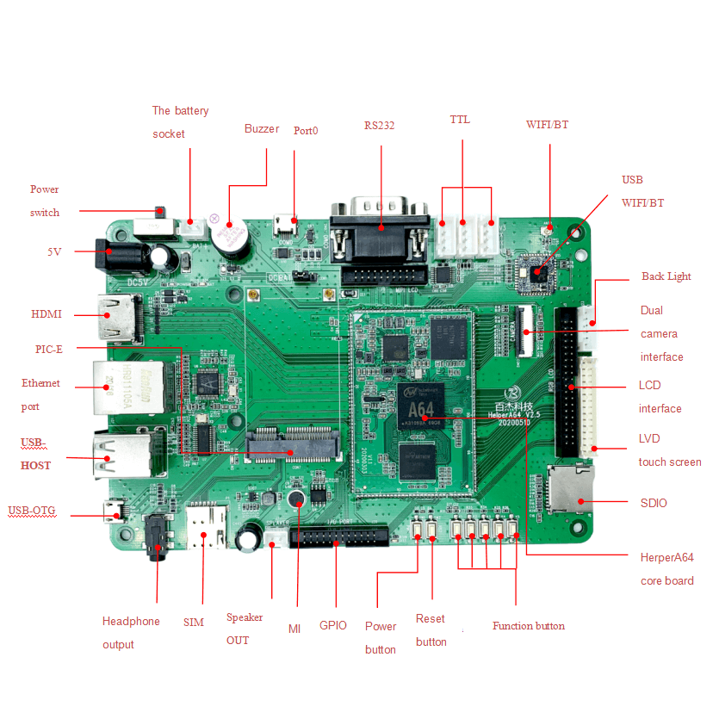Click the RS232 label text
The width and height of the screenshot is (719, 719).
(379, 126)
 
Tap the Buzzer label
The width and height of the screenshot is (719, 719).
(262, 129)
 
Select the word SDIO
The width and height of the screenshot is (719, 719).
(654, 503)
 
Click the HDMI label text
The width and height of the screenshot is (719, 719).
(46, 314)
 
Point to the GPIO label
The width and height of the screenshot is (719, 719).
(333, 626)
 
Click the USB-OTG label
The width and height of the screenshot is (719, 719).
(32, 511)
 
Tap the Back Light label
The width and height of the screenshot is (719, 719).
(666, 276)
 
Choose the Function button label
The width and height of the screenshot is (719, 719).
(529, 626)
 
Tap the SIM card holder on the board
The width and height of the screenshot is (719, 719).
(206, 528)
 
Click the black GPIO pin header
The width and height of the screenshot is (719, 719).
(338, 537)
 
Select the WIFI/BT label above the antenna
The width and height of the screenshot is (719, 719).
(547, 125)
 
